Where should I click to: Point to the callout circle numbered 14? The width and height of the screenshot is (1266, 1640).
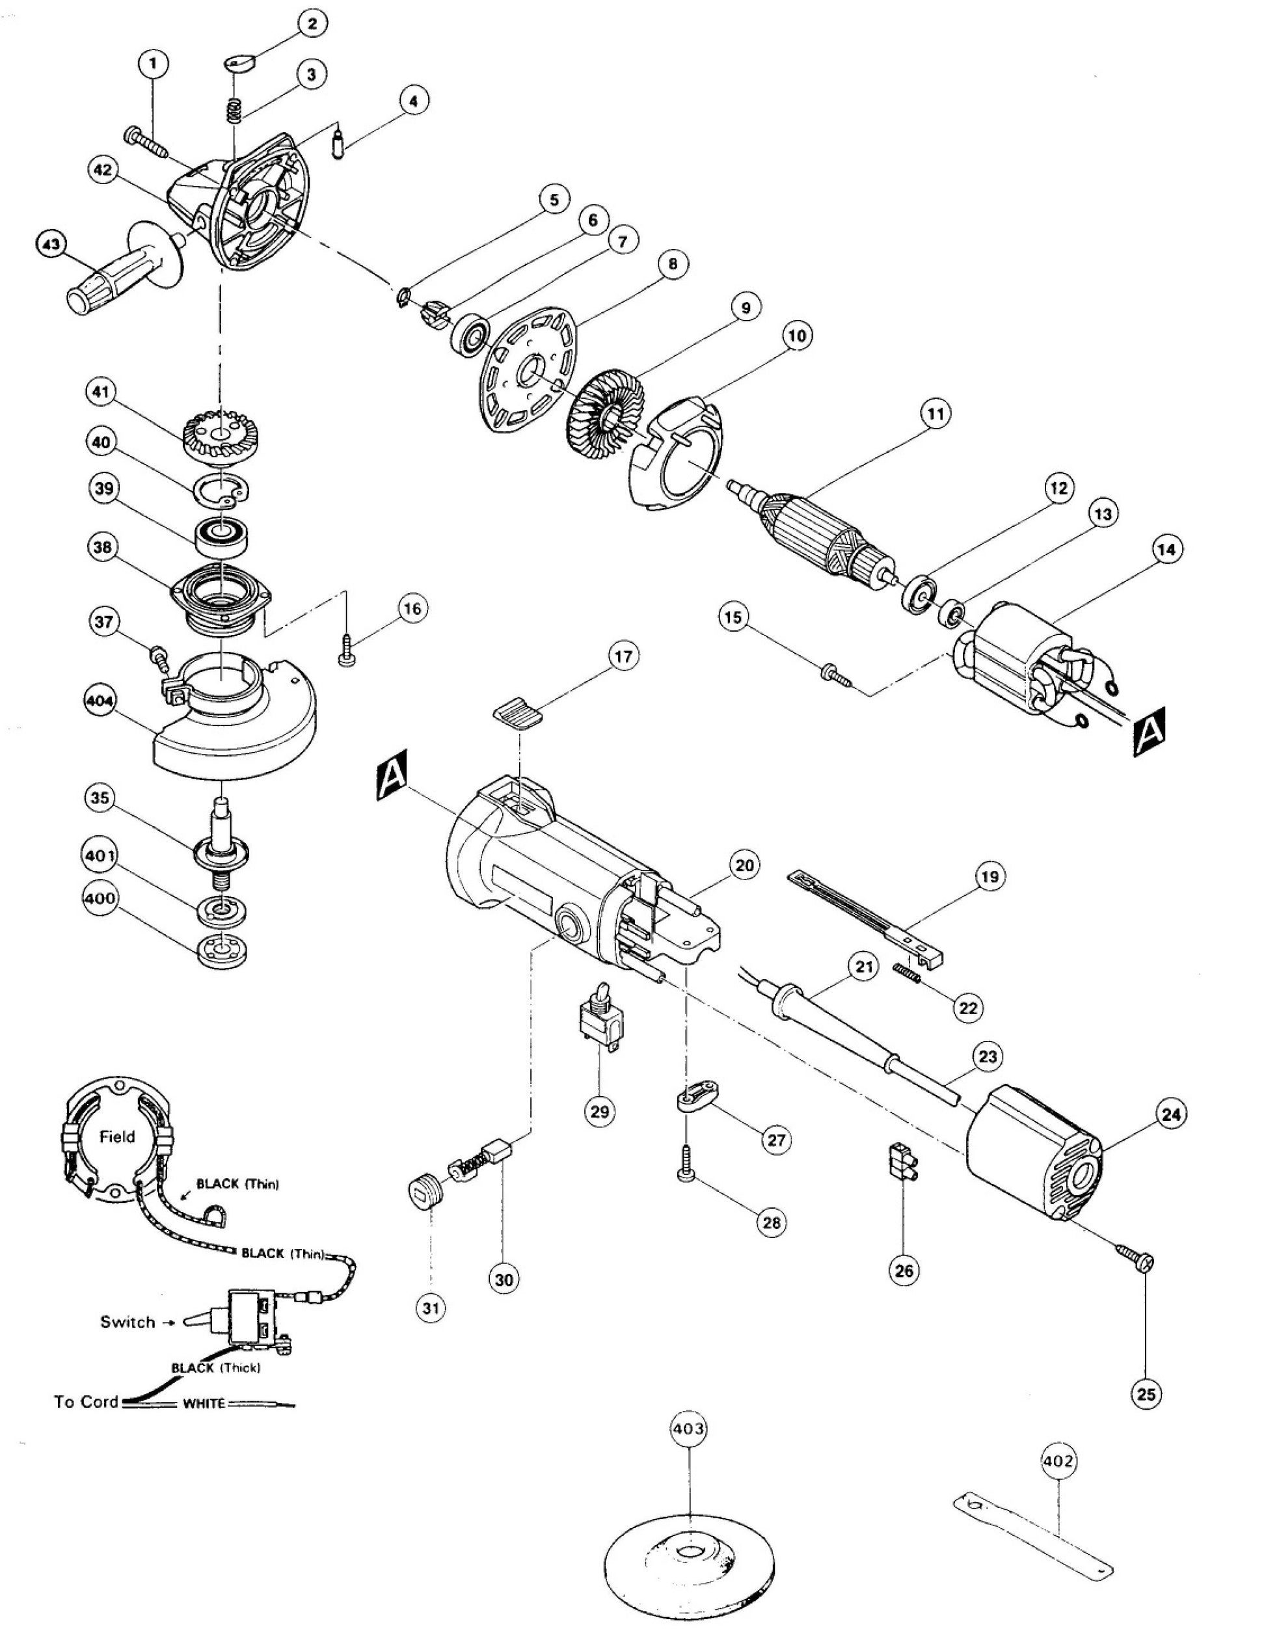(x=1166, y=550)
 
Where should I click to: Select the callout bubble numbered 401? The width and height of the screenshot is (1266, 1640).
(x=101, y=856)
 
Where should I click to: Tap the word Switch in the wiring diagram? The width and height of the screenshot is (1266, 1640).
(x=127, y=1322)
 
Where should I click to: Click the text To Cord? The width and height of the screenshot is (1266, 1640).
(x=86, y=1401)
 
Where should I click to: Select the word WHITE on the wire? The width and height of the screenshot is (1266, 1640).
(x=204, y=1403)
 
